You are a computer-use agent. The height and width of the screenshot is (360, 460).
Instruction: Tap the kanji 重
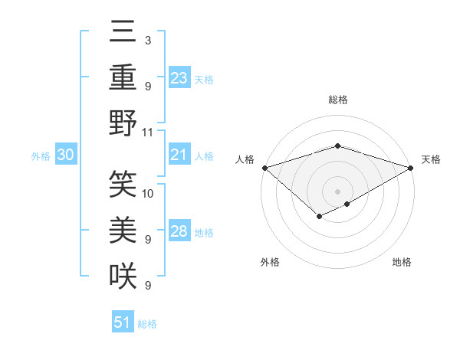pyautogui.click(x=123, y=77)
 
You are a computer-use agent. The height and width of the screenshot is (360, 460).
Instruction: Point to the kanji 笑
pyautogui.click(x=123, y=185)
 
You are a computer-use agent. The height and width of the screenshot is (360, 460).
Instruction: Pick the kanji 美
pyautogui.click(x=123, y=229)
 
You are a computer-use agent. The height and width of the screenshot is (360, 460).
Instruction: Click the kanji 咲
pyautogui.click(x=123, y=274)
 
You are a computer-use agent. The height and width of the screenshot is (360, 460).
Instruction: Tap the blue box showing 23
pyautogui.click(x=179, y=77)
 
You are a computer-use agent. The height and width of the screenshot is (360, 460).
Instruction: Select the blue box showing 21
pyautogui.click(x=179, y=155)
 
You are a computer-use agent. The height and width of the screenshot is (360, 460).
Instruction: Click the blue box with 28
pyautogui.click(x=179, y=231)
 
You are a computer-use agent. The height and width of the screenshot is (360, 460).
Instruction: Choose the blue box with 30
pyautogui.click(x=65, y=155)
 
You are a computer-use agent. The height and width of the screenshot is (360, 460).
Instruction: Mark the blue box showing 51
pyautogui.click(x=123, y=322)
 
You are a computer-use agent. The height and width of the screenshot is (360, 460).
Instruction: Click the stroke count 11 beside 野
pyautogui.click(x=148, y=131)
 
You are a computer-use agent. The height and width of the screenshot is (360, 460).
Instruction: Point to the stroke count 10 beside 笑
pyautogui.click(x=148, y=192)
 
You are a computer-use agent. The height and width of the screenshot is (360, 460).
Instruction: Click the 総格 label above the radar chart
pyautogui.click(x=337, y=100)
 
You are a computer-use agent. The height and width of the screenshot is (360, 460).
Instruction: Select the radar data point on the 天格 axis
pyautogui.click(x=411, y=168)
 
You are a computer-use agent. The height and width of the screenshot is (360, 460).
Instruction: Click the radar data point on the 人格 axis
pyautogui.click(x=264, y=168)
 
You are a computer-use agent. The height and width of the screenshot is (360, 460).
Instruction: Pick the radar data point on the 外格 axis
pyautogui.click(x=319, y=218)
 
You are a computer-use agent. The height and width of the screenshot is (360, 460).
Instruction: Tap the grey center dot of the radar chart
pyautogui.click(x=337, y=191)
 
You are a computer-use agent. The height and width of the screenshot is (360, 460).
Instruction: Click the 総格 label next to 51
pyautogui.click(x=147, y=323)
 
